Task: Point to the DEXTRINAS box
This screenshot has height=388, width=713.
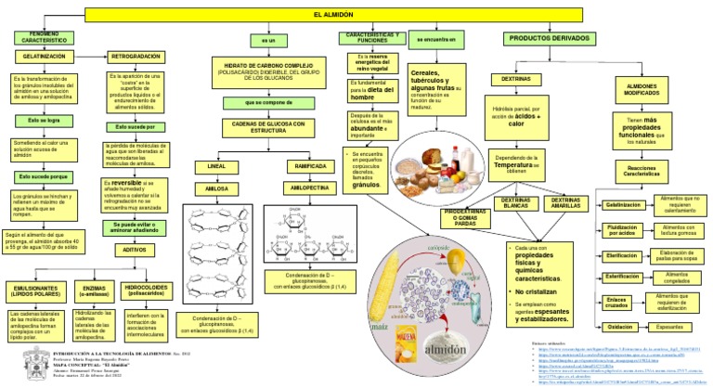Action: click(516, 80)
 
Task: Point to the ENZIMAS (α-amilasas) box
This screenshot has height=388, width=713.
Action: click(93, 291)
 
